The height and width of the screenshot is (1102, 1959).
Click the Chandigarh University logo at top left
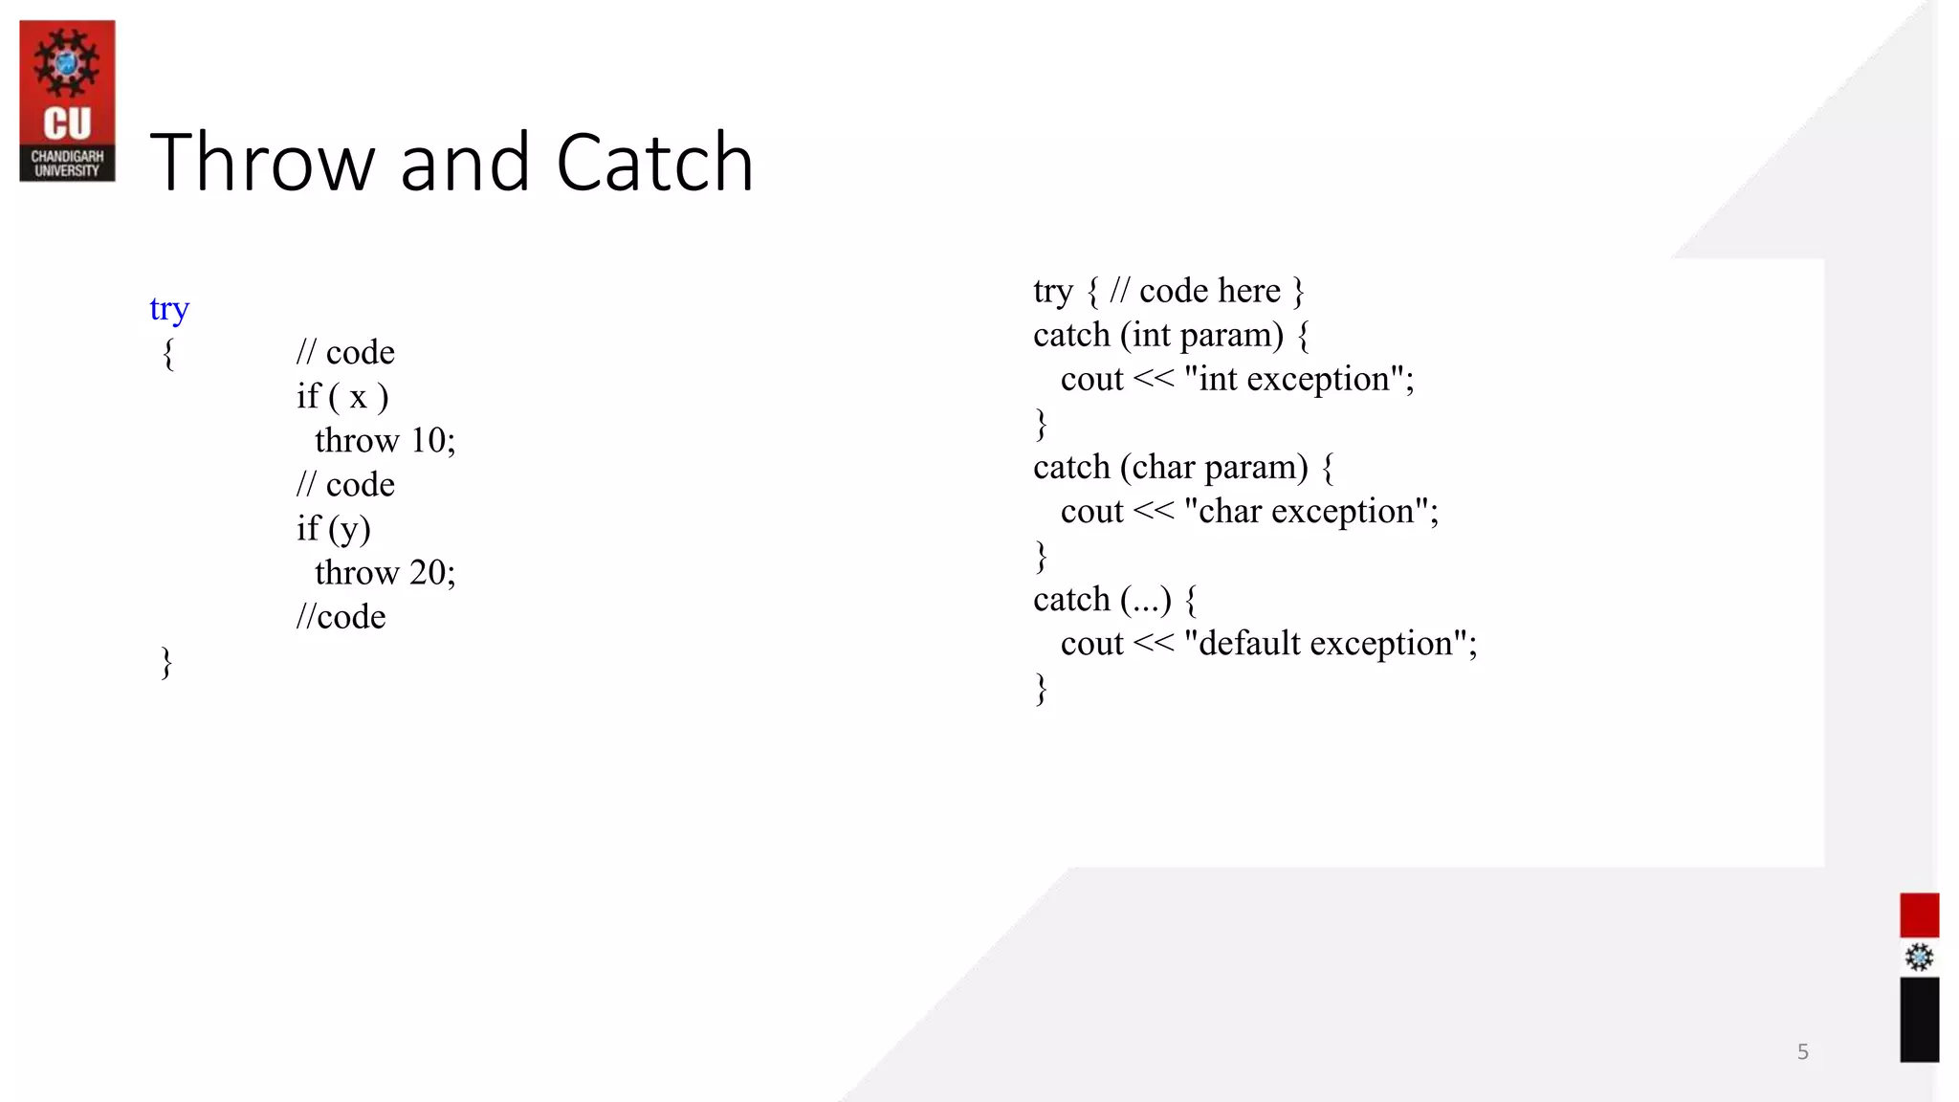click(67, 100)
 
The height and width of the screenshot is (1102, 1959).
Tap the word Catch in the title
click(654, 163)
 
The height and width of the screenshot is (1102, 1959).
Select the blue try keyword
click(169, 309)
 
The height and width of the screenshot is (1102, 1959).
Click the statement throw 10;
click(385, 441)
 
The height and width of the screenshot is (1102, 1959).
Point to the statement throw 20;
click(385, 573)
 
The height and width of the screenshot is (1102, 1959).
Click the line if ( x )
click(342, 397)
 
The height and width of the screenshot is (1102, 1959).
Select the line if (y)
click(333, 529)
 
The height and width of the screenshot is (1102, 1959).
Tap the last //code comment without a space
click(341, 617)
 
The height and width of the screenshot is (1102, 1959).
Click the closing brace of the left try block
click(166, 662)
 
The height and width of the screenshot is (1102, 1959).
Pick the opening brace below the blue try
click(168, 353)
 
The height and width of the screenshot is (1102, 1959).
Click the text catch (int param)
click(1157, 336)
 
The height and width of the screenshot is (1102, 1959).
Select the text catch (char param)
click(1170, 468)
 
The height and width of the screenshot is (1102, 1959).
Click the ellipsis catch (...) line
click(1102, 600)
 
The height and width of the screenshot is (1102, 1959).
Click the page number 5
click(1802, 1052)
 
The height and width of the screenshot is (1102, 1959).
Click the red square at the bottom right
click(1919, 915)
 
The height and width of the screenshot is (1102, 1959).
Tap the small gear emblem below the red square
click(1919, 958)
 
